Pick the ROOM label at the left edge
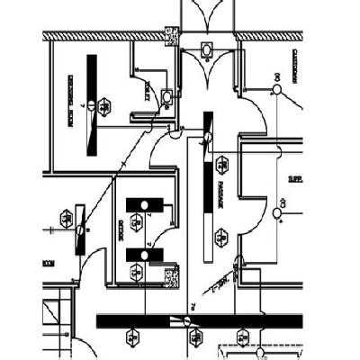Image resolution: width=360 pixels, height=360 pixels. click(47, 262)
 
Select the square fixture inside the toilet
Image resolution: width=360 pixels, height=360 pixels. click(166, 95)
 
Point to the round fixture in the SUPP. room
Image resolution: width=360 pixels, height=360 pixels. click(277, 213)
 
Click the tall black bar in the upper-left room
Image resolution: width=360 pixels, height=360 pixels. click(91, 102)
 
